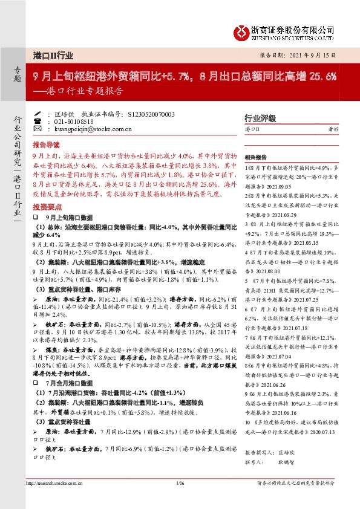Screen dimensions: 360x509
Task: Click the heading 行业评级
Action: tap(259, 118)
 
